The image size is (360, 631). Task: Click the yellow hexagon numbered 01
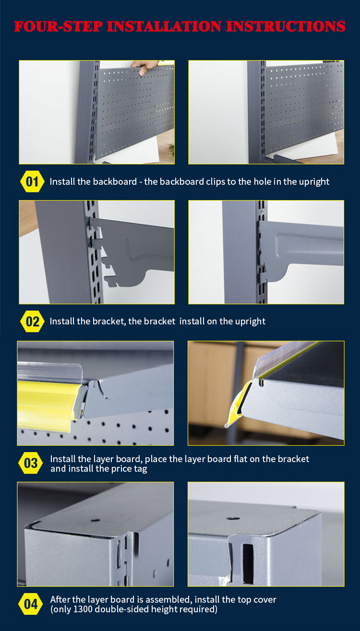click(32, 182)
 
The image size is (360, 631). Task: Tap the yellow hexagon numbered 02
click(32, 321)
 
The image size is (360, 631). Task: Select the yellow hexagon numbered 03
click(30, 463)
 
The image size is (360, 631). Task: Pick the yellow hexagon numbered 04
click(30, 604)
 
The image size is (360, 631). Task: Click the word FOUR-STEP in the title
click(59, 26)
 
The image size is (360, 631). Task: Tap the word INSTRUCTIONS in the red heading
click(286, 26)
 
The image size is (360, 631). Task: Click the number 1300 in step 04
click(83, 609)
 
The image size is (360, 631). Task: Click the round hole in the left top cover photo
click(96, 520)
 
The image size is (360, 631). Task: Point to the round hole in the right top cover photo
click(233, 518)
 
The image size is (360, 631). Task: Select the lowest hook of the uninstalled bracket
click(111, 281)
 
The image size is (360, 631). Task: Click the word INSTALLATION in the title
click(165, 26)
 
